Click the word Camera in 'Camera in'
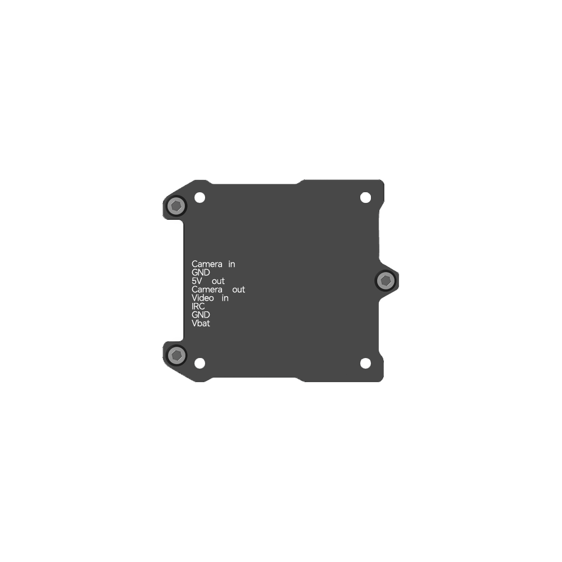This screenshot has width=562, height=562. (x=207, y=264)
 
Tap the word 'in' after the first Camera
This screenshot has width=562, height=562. (x=232, y=264)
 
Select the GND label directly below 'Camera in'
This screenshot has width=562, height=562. (x=201, y=273)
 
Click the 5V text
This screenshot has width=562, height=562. (x=197, y=281)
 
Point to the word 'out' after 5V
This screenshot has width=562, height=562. (x=218, y=281)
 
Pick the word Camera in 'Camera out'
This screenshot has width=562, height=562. (x=207, y=289)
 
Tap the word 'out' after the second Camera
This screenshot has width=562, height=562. (x=238, y=289)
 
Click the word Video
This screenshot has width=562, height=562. (x=202, y=298)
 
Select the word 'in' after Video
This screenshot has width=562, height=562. (x=225, y=298)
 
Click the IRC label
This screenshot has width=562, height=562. (x=198, y=306)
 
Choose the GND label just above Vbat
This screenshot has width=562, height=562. (x=201, y=315)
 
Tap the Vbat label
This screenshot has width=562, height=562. (x=201, y=323)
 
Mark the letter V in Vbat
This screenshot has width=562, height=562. (x=194, y=323)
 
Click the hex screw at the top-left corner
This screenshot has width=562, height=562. (x=176, y=206)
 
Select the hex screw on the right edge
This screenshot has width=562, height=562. (x=386, y=280)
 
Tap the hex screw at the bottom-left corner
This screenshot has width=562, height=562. (x=176, y=355)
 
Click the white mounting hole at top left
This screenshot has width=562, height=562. (x=200, y=197)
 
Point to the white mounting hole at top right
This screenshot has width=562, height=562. (x=365, y=197)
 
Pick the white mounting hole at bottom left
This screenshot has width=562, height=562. (x=200, y=363)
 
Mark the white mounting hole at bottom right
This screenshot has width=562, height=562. (x=365, y=363)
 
